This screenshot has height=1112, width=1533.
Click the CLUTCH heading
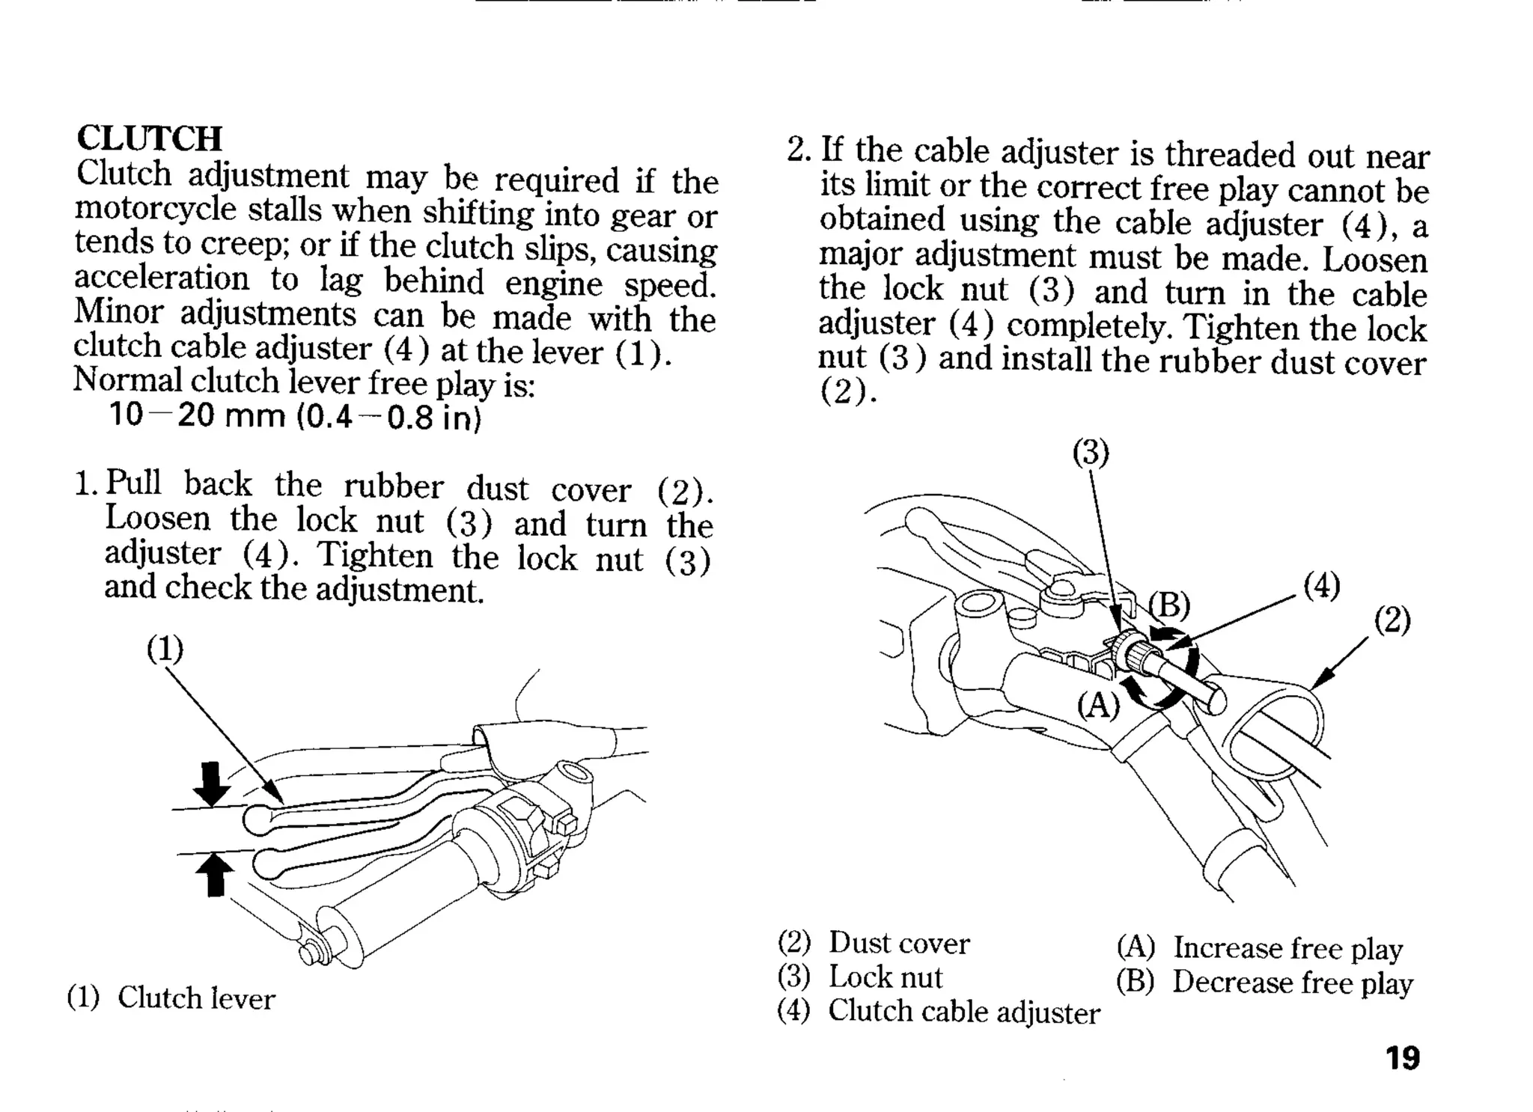pos(150,138)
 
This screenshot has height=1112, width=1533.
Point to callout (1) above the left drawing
pos(165,648)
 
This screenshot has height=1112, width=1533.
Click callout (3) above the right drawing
pos(1091,452)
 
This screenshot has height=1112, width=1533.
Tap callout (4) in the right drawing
pos(1321,585)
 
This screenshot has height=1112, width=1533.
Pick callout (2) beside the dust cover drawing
pos(1392,620)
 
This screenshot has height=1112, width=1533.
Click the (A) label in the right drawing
pos(1098,704)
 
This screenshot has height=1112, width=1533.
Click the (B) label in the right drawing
pos(1169,605)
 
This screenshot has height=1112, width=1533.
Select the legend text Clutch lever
pos(196,998)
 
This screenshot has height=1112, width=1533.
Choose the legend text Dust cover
pos(898,944)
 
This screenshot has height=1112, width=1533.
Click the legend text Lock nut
pos(885,977)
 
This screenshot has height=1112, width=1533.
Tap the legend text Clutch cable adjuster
pos(963,1012)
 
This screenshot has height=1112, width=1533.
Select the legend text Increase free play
pos(1287,948)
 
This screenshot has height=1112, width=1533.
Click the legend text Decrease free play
pos(1292,983)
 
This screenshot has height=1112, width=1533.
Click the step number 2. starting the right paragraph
pos(799,150)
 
